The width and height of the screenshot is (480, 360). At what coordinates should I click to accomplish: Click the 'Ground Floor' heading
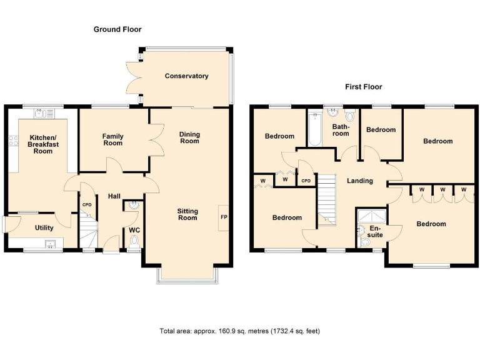coord(117,29)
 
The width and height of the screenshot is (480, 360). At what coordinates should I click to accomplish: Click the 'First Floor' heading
coord(363,87)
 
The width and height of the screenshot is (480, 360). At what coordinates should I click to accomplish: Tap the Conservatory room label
coord(186,76)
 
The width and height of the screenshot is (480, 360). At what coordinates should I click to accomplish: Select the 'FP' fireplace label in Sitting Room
coord(223,217)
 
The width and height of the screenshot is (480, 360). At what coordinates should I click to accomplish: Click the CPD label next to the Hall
coord(87,204)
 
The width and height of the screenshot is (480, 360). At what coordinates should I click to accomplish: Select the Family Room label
coord(113,140)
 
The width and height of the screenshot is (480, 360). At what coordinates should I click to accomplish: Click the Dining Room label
coord(189,137)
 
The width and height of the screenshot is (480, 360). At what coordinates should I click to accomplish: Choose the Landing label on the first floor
coord(360,181)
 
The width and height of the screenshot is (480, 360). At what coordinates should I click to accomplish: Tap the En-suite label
coord(375,231)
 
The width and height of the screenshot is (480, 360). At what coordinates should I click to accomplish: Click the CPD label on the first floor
coord(306,181)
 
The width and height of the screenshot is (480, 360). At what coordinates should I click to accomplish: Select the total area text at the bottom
coord(240,331)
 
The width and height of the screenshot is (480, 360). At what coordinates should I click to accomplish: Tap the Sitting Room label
coord(187,214)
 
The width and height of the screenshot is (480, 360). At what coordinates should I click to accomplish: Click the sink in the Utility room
coord(50,244)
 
